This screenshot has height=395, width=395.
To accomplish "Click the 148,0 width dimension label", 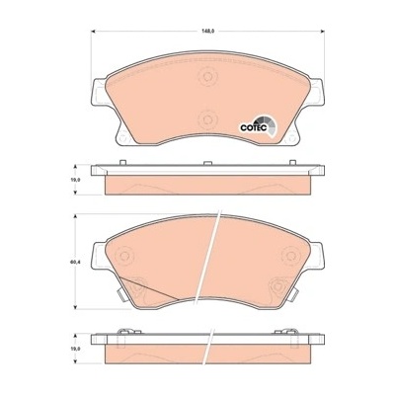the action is [207, 31].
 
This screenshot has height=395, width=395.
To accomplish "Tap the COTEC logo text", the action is [253, 127].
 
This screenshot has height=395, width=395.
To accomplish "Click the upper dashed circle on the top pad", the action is [207, 77].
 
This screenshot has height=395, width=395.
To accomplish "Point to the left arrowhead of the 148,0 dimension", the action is [93, 31].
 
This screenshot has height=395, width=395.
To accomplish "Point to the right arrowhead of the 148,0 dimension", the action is [322, 31].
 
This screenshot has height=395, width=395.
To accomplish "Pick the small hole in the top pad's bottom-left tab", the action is [122, 138].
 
